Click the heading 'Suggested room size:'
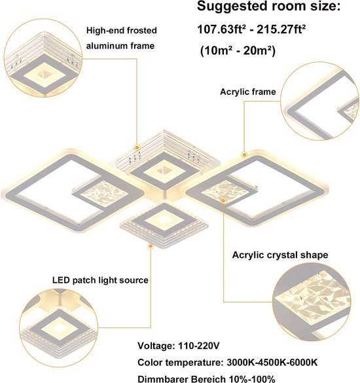tap(268, 7)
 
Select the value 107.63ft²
tap(221, 29)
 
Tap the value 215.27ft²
tap(281, 29)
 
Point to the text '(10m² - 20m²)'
tap(238, 51)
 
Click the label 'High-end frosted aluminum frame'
tap(121, 38)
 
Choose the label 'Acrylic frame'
tap(247, 92)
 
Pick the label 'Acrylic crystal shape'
tap(280, 255)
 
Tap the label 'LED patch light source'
tap(100, 280)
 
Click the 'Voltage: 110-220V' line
tap(179, 346)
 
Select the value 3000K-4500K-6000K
tap(272, 362)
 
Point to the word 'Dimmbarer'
tap(163, 379)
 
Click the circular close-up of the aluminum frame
tap(43, 58)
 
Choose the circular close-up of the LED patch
tap(59, 328)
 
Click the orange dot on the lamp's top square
tap(137, 147)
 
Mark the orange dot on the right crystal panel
tap(223, 200)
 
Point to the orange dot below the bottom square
tap(151, 246)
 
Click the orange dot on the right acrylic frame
tap(243, 155)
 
